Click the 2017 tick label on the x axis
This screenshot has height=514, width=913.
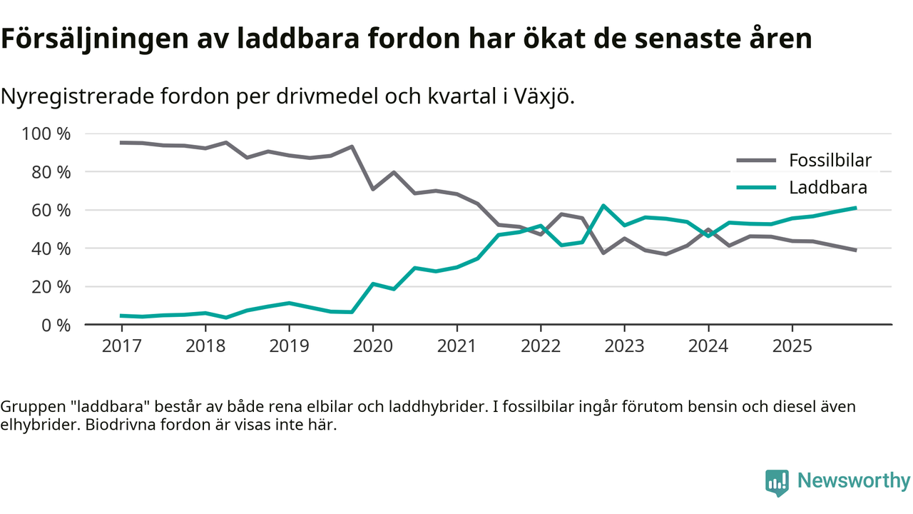click(121, 346)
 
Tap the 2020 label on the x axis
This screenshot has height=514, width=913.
click(373, 346)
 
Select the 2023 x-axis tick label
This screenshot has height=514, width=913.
click(624, 346)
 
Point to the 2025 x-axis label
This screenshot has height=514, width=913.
click(792, 346)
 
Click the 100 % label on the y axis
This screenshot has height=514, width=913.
click(46, 133)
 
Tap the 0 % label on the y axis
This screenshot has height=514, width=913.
click(55, 325)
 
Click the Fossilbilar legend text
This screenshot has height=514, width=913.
click(830, 160)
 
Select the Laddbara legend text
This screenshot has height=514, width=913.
click(828, 188)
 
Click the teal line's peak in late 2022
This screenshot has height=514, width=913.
click(603, 206)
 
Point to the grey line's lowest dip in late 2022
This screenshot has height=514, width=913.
click(603, 253)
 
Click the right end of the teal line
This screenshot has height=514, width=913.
click(855, 208)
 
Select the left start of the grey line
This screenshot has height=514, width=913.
click(121, 143)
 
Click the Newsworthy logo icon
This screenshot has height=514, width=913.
click(777, 483)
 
